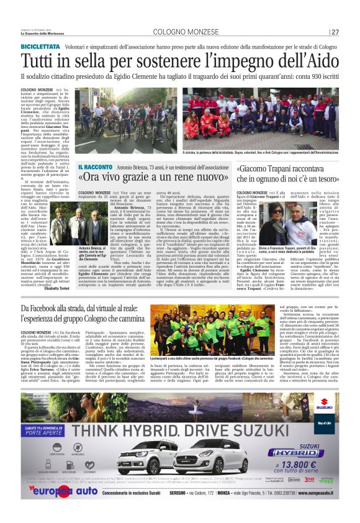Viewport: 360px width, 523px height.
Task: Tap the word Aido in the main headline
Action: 318,61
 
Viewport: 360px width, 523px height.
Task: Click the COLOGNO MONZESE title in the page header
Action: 180,32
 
